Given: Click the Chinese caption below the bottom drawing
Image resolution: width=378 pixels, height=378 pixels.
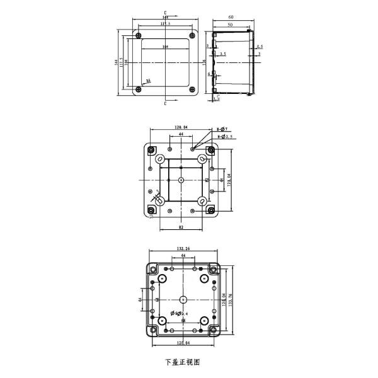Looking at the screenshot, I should click(183, 362).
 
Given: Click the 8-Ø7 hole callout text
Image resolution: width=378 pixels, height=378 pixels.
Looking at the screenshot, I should click(222, 129).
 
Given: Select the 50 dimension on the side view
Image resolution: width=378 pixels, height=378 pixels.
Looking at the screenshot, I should click(231, 25).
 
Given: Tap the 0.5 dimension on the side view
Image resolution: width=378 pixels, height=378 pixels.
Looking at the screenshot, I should click(260, 47).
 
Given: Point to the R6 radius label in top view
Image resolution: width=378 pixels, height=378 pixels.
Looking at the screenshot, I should click(148, 81).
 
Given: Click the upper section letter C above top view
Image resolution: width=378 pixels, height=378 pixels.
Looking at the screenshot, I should click(164, 13).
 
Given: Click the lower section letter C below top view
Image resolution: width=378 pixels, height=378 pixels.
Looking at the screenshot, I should click(164, 104).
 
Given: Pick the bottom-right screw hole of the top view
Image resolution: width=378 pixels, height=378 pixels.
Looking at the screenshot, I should click(192, 89).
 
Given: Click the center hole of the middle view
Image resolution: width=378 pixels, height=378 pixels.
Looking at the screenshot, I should click(181, 180).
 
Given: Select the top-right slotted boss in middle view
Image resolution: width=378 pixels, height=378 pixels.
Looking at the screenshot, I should click(203, 159).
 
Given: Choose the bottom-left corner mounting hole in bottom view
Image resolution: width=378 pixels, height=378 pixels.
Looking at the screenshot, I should click(151, 330).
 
